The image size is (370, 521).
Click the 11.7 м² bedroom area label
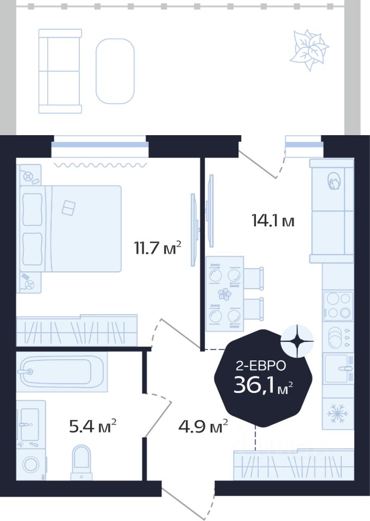(158, 248)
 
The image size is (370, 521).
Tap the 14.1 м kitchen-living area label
(273, 221)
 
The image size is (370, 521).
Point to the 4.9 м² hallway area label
(203, 427)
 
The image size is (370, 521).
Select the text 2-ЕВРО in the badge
(261, 366)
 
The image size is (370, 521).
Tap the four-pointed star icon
(297, 341)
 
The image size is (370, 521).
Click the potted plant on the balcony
(309, 50)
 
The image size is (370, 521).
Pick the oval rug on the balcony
(115, 71)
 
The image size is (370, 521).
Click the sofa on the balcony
(60, 71)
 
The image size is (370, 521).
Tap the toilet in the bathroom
(81, 462)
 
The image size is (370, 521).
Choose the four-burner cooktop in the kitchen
(338, 306)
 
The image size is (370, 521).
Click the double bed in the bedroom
(70, 228)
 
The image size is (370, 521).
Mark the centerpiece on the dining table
(224, 294)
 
